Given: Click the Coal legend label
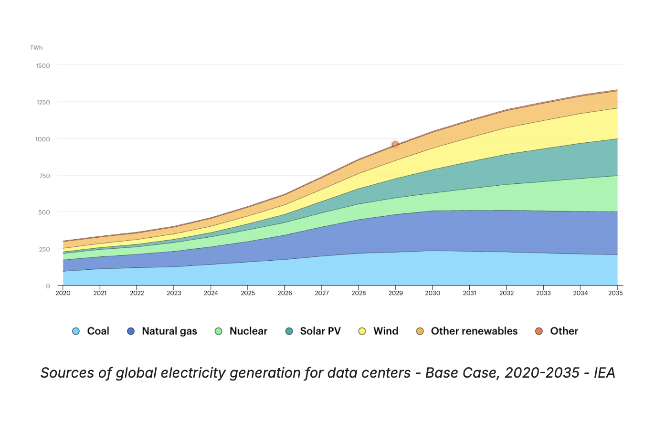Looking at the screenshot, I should tap(98, 331).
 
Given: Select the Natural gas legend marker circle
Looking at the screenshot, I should tap(131, 331).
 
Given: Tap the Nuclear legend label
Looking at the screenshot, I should tap(248, 331).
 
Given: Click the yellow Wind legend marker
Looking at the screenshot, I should tap(363, 331).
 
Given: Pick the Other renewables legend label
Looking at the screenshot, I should tap(474, 331).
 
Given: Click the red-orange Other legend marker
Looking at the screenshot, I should tap(539, 331).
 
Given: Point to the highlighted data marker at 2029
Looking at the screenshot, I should tap(395, 145).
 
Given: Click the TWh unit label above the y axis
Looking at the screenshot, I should tap(36, 48).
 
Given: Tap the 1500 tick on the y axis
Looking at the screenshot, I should tap(43, 65).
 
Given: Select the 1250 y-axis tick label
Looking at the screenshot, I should tap(43, 102).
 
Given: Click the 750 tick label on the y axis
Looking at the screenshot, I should tap(44, 176).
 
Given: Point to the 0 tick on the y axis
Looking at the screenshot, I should tap(48, 286).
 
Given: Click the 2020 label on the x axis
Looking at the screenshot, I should tap(63, 293).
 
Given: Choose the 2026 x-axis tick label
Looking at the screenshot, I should tap(285, 293).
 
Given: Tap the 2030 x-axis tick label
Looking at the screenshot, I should tap(432, 293).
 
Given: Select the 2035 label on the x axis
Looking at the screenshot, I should tap(616, 293).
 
